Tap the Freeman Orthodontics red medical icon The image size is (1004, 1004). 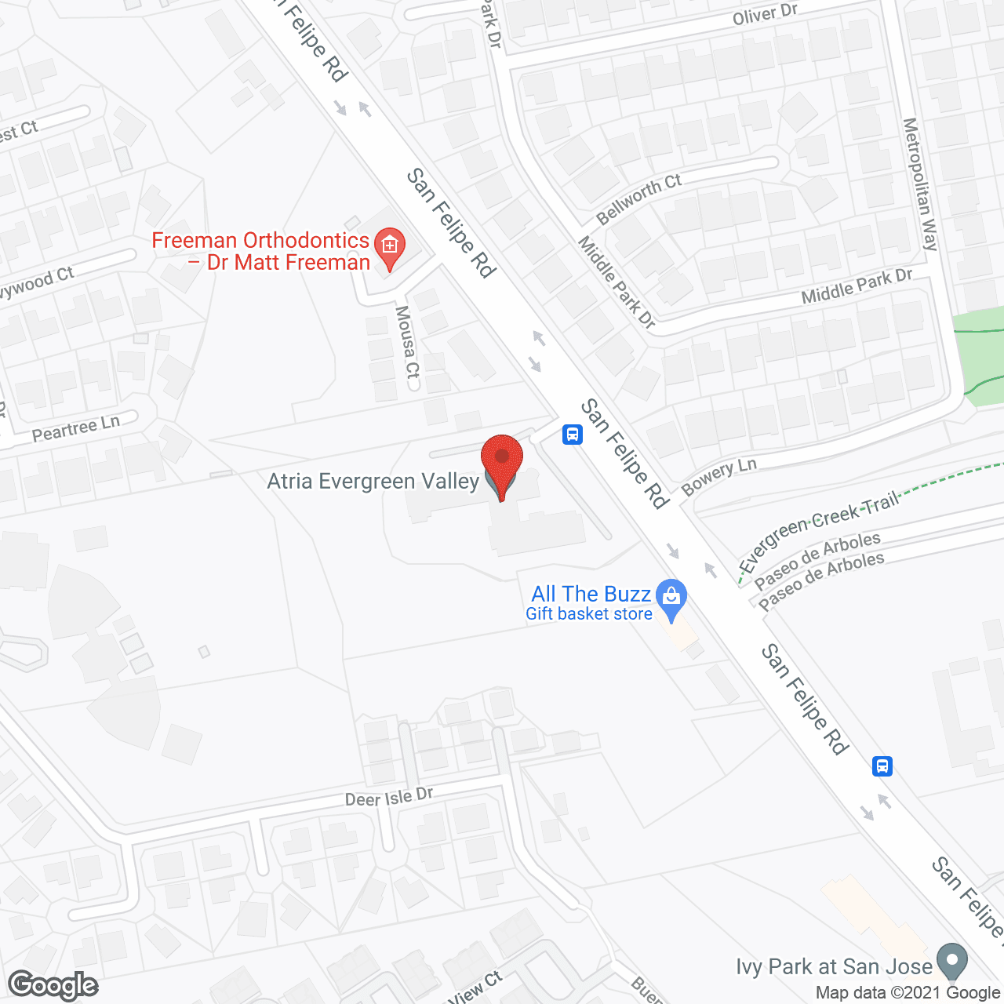click(x=389, y=246)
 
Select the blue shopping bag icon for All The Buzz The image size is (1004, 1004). click(x=671, y=598)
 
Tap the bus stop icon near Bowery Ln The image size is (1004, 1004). click(x=573, y=434)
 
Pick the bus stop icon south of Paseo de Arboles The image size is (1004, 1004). click(x=882, y=766)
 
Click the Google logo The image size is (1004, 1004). click(x=53, y=986)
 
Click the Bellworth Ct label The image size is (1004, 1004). click(x=638, y=199)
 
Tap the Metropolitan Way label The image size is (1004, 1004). click(x=920, y=184)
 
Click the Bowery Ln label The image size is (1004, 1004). click(x=718, y=477)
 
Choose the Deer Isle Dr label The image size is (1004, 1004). click(x=389, y=798)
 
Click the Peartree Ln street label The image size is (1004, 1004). click(x=76, y=428)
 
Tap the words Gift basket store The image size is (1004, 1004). click(x=589, y=614)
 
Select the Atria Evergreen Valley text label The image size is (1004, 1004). click(x=373, y=481)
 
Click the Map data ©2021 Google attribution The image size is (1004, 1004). click(x=908, y=993)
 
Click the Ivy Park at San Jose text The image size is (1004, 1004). click(x=834, y=966)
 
